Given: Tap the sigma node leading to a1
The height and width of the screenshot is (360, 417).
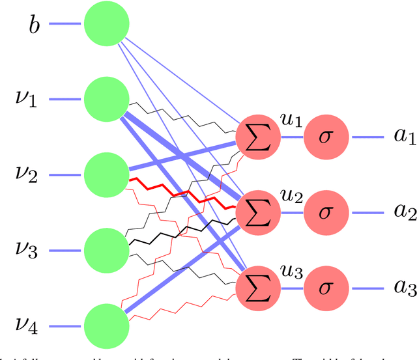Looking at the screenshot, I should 328,138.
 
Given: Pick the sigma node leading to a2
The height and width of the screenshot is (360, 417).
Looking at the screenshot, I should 328,212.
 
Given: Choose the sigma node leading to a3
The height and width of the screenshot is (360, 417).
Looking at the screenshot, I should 328,287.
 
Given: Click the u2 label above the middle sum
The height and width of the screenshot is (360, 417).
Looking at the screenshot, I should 291,195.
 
